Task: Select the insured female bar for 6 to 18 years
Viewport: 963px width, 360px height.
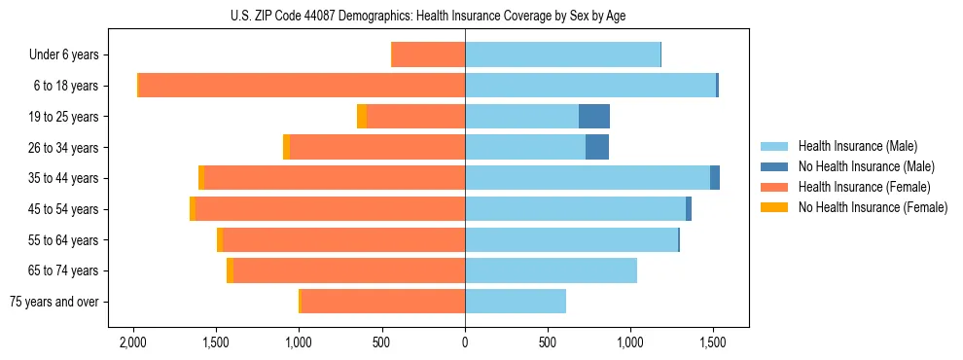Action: coord(302,86)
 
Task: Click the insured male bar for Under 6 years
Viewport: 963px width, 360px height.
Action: coord(562,54)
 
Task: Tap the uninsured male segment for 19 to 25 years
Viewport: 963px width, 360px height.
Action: coord(594,117)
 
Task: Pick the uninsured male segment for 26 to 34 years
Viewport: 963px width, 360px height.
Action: coord(597,147)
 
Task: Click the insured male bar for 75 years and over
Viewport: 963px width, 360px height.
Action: coord(516,302)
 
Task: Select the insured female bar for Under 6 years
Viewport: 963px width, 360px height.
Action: coord(428,54)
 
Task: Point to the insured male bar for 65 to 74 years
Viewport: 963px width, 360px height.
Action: coord(551,270)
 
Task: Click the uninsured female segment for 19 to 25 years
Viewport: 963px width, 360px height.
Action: coord(362,117)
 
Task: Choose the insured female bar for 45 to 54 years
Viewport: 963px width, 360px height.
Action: coord(331,209)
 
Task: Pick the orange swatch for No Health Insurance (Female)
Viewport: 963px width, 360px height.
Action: coord(774,207)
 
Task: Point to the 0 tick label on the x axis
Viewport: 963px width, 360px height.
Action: coord(465,343)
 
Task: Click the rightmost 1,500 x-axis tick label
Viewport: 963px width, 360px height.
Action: coord(713,343)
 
